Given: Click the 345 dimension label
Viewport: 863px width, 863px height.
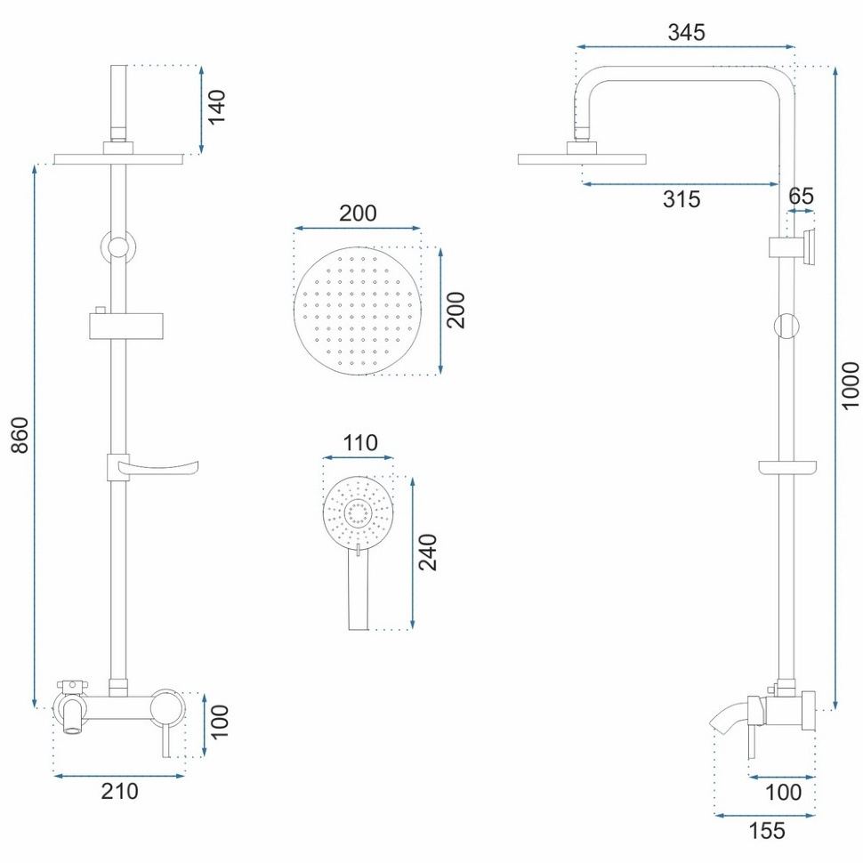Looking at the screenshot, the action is click(x=686, y=32).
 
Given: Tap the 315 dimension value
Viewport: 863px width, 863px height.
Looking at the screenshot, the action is click(x=682, y=199).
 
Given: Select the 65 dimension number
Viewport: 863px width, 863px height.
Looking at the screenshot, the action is click(x=801, y=196).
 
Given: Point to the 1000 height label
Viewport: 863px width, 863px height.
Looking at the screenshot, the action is click(x=851, y=386).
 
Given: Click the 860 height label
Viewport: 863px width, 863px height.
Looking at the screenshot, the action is click(x=20, y=435).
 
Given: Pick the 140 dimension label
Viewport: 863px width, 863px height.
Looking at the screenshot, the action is click(x=216, y=107).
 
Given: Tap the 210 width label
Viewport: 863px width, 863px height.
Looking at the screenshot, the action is click(x=119, y=792).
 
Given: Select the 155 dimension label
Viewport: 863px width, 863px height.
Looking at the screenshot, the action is click(x=767, y=831).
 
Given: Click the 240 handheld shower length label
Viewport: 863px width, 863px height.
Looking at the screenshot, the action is click(x=428, y=552).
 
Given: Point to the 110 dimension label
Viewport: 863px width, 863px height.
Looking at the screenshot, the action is click(x=360, y=443).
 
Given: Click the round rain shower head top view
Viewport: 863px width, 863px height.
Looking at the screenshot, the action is click(x=358, y=311).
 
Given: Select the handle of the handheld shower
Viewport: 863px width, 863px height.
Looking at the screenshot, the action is click(x=359, y=589).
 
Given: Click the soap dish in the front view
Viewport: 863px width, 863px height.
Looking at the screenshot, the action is click(x=152, y=467).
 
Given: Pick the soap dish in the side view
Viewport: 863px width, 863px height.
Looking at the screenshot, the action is click(x=787, y=467).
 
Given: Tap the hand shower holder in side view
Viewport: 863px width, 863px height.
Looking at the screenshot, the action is click(x=792, y=247).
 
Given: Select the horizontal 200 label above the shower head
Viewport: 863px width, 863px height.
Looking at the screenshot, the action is click(x=358, y=214).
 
